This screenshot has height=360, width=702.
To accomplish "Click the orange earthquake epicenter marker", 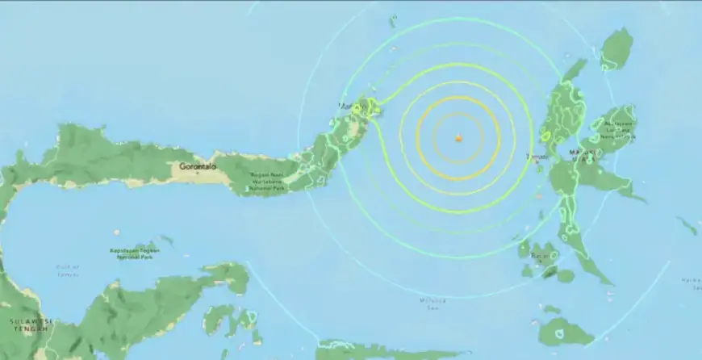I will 458,139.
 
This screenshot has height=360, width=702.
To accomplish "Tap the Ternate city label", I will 537,156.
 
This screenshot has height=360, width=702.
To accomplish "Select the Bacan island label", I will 540,256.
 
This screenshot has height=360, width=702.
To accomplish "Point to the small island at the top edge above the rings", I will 393,19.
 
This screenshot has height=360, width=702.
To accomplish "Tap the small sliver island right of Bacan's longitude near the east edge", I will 687,224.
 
